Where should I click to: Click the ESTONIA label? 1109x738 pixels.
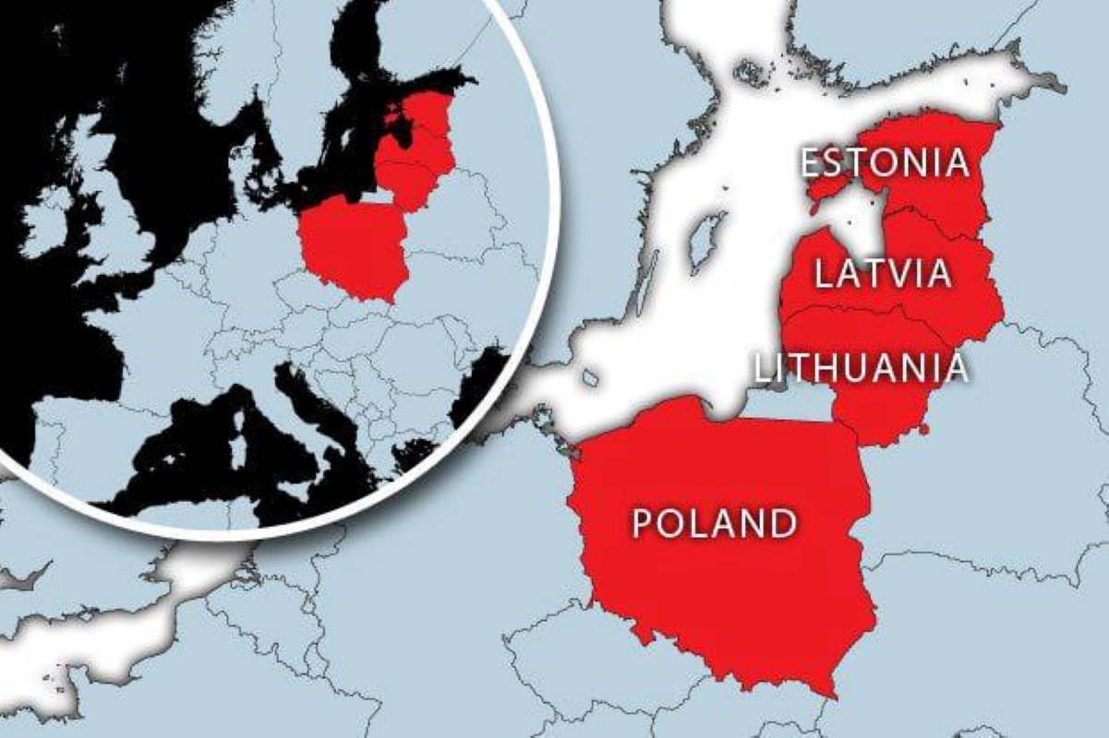pos(885,163)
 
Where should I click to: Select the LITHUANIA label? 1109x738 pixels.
pos(862,367)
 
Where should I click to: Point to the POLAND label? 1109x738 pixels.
pos(714,523)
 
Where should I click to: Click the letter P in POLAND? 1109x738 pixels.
pos(644,523)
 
